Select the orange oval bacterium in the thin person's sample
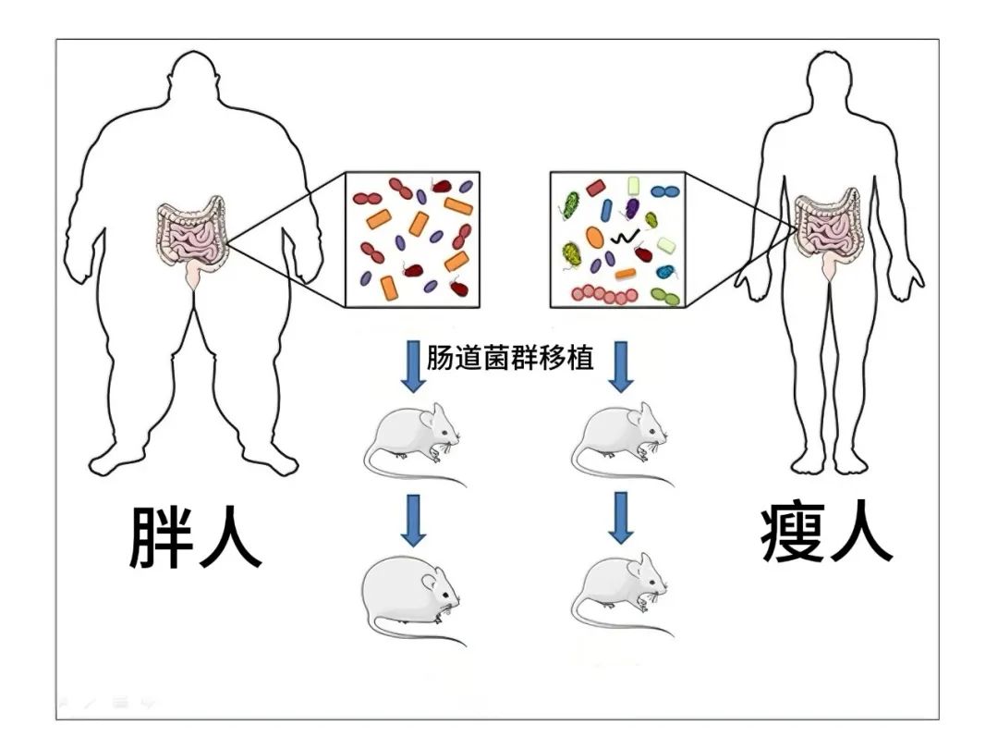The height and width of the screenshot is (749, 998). (x=595, y=238)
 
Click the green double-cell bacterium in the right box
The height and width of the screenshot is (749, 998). (x=664, y=296)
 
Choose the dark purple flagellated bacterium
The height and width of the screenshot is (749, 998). (x=633, y=209)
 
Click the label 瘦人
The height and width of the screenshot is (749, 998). (x=826, y=534)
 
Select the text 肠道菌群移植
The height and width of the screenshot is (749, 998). (x=509, y=358)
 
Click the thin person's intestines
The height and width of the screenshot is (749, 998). (x=830, y=230)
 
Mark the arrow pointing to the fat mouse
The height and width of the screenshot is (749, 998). (x=413, y=520)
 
